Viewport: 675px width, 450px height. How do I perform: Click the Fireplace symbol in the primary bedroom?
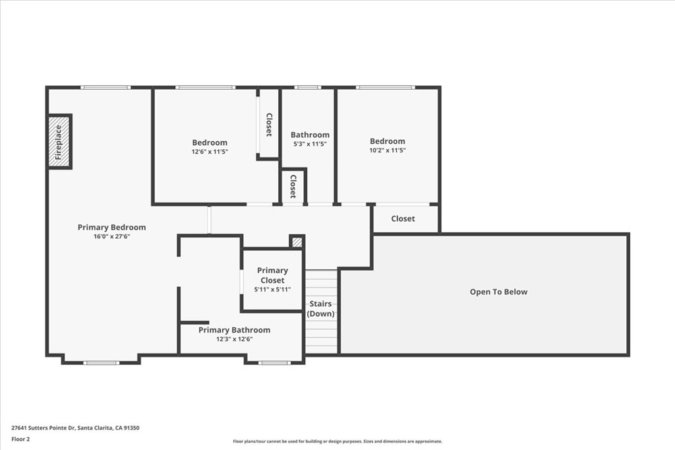(59, 142)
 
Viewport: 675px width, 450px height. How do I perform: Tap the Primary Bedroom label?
(111, 228)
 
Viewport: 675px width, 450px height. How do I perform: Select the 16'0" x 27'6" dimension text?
(111, 236)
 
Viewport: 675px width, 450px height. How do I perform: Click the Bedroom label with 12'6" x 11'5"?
(210, 143)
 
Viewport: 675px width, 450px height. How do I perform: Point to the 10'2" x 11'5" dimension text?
(387, 150)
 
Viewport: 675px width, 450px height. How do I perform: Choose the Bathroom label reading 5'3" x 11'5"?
(310, 135)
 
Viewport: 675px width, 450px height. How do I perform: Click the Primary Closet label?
(272, 275)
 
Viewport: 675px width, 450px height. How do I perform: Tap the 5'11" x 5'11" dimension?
(272, 290)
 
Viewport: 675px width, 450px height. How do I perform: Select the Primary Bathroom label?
(234, 330)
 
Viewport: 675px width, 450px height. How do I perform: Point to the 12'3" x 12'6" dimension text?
(234, 338)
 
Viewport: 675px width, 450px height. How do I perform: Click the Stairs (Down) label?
(321, 309)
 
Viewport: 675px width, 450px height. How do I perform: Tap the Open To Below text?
(498, 292)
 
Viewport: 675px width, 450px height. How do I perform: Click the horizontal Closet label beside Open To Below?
(403, 218)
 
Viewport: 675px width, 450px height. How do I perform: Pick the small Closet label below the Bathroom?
(293, 186)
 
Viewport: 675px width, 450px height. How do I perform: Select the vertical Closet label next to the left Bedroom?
(268, 124)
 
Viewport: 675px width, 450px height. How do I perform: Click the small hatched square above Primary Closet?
(297, 242)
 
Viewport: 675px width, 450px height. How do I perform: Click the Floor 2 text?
(20, 438)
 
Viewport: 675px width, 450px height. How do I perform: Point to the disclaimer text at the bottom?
(337, 441)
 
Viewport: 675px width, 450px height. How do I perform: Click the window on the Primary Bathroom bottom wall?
(274, 362)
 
